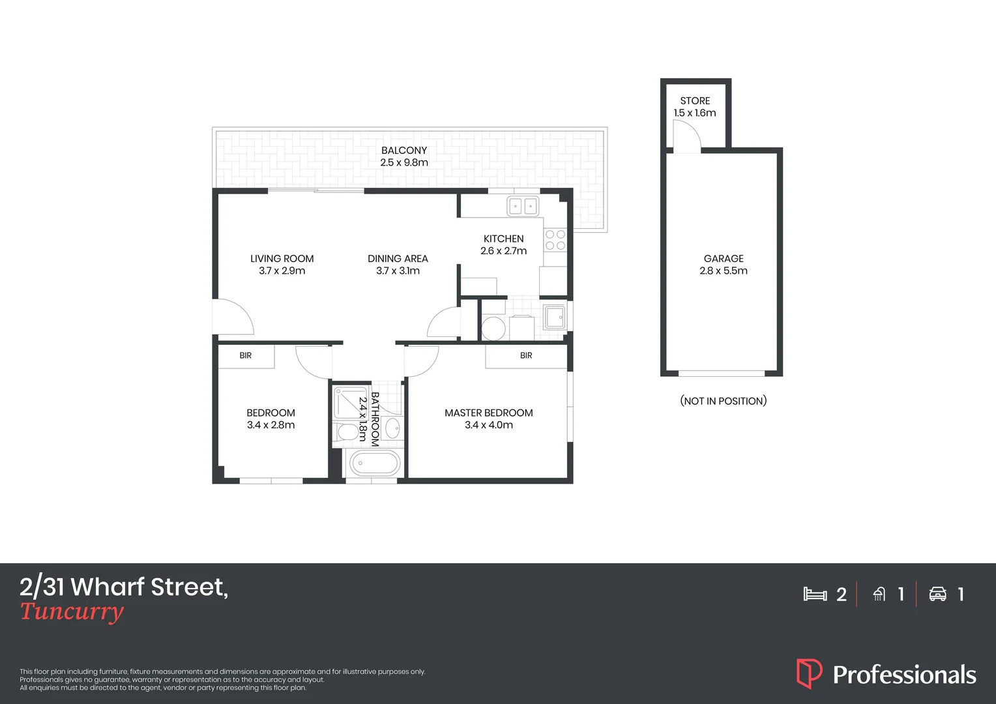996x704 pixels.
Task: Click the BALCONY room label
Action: pos(404,151)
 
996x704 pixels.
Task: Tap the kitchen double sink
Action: pos(523,207)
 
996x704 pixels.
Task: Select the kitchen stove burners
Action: pos(555,240)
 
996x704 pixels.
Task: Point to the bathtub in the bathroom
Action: pos(374,464)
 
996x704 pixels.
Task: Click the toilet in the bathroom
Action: pos(347,432)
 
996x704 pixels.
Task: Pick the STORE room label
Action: pos(695,101)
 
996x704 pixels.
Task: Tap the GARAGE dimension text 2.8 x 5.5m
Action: pos(724,271)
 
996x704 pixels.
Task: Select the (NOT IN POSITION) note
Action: pos(723,401)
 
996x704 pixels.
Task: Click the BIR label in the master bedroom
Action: pos(526,356)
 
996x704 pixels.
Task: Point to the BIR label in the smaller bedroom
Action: pos(245,356)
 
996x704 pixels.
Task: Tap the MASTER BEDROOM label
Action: pos(489,413)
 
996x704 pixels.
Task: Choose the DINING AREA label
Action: pos(398,259)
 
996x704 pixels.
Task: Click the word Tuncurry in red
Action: pos(72,612)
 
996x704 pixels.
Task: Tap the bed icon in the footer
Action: pos(815,594)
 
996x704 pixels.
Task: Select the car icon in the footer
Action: pos(937,594)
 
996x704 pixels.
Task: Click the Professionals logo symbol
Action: pos(809,674)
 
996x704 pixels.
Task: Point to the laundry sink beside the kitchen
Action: pos(555,318)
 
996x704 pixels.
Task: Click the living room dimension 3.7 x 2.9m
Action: pos(282,271)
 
